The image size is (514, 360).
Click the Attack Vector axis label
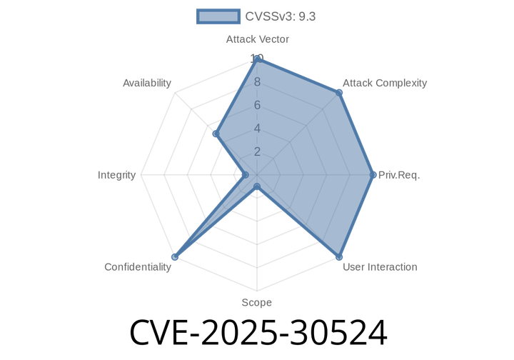coord(257,39)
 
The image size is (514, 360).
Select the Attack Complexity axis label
coord(384,83)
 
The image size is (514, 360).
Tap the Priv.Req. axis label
coord(399,175)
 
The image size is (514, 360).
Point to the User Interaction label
coord(380,267)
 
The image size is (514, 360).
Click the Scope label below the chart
coord(256,303)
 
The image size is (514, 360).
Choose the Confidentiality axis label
coord(138,267)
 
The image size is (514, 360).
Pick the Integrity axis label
coord(117,175)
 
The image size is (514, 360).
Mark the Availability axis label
coord(147,83)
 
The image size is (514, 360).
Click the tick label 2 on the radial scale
coord(257,151)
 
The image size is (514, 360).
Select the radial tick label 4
coord(257,129)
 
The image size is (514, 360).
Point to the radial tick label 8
coord(257,82)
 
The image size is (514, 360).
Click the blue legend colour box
coord(218,16)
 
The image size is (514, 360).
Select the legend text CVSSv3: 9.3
coord(280,16)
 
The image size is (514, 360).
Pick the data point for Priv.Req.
coord(374,175)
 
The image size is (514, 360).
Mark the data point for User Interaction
coord(339,256)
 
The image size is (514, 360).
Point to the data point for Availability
coord(213,134)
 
